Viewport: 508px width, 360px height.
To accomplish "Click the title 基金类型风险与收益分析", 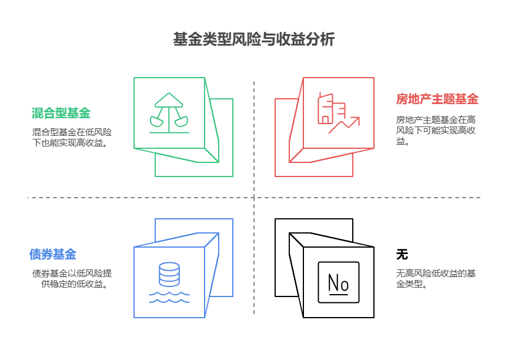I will click(x=253, y=39).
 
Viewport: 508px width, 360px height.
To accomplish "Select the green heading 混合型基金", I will click(x=61, y=113).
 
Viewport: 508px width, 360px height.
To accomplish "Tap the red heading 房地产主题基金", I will click(x=437, y=99).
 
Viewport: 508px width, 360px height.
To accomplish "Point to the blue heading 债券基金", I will click(x=53, y=254).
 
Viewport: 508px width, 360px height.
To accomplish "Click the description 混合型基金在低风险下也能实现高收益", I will click(x=72, y=137).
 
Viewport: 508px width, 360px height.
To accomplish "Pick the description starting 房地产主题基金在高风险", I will click(x=436, y=130).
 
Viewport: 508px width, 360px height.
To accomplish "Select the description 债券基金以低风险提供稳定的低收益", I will click(x=72, y=278).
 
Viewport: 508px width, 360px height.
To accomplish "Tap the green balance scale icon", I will click(x=169, y=113).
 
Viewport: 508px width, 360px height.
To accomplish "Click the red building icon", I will click(x=332, y=109).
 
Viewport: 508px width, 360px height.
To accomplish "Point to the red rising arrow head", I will click(x=355, y=120).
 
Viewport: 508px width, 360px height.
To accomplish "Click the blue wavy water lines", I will click(x=169, y=297).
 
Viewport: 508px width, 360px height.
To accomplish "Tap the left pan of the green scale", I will click(x=156, y=122).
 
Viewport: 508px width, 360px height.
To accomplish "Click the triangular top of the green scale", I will click(x=169, y=99).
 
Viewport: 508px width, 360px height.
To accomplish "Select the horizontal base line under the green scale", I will click(x=169, y=132).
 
